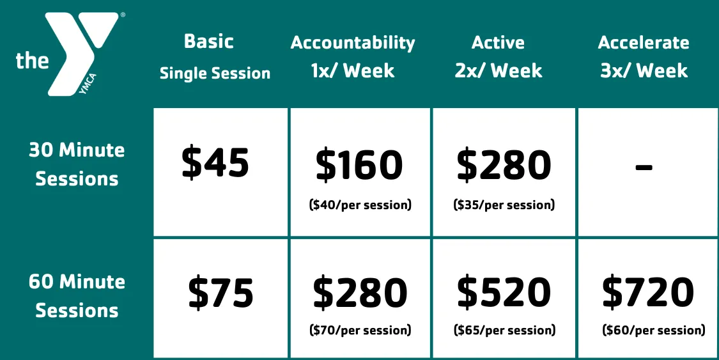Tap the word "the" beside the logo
point(33,61)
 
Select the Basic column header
point(208,42)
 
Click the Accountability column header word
point(353,43)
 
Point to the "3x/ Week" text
point(644,70)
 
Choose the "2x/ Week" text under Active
point(499,70)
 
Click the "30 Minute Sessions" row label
point(77,164)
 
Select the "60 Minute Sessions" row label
point(77,296)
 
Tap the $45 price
point(215,162)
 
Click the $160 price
point(360,166)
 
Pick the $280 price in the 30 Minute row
point(504,166)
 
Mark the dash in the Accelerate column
point(644,167)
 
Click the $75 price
point(220,293)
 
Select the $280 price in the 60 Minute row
point(360,293)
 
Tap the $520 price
point(504,293)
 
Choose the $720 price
point(648,293)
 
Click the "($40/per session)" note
point(360,205)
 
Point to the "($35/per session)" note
point(504,205)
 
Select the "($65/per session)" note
point(504,331)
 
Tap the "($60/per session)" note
point(654,331)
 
